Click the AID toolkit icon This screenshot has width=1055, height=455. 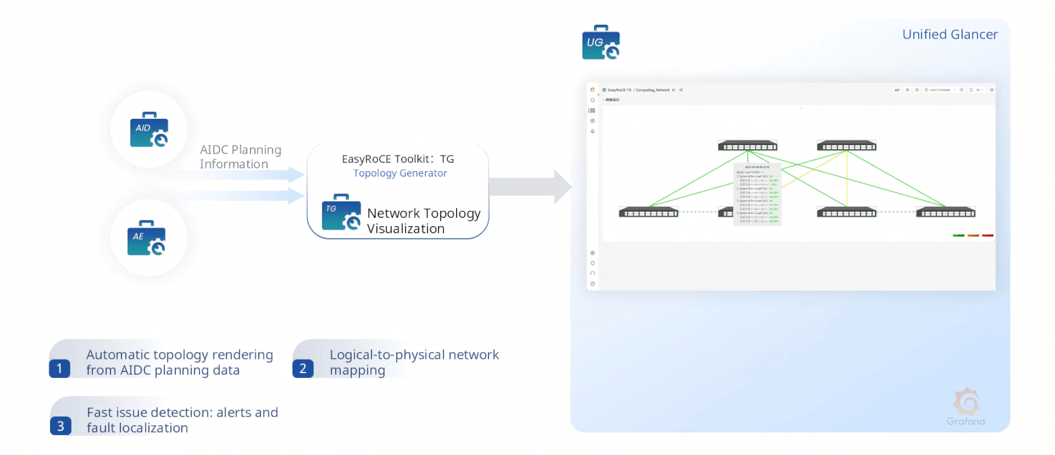149,131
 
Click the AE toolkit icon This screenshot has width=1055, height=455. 147,238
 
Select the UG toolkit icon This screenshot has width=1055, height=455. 601,43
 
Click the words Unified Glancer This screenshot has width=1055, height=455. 950,34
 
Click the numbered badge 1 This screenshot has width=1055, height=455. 60,368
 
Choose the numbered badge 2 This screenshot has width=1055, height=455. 303,368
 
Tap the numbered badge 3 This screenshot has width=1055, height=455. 60,426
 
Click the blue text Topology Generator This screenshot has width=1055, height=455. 400,173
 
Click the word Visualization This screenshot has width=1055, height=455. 405,229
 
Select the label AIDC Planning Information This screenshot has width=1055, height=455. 240,157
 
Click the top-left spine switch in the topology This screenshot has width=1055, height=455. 747,146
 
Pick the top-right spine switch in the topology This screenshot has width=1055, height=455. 846,146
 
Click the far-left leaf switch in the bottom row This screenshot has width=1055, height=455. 648,212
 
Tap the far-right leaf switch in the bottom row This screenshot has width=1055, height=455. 945,212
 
